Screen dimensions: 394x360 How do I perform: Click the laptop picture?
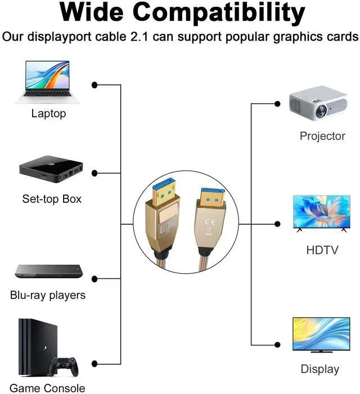48,83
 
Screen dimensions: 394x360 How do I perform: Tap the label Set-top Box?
52,199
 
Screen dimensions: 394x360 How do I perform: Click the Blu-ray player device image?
49,271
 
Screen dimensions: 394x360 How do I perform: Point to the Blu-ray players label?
48,295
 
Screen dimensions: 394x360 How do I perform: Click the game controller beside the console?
63,366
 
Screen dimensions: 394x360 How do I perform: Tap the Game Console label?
47,388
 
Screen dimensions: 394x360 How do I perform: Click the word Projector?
322,136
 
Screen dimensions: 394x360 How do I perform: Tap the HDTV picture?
322,213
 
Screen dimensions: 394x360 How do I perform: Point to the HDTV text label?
322,249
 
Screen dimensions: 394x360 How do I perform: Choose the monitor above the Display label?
321,335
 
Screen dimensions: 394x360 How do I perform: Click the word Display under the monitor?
320,369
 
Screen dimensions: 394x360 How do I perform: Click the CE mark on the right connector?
212,220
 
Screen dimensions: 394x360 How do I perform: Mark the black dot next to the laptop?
95,85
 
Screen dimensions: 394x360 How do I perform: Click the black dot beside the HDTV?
277,224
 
